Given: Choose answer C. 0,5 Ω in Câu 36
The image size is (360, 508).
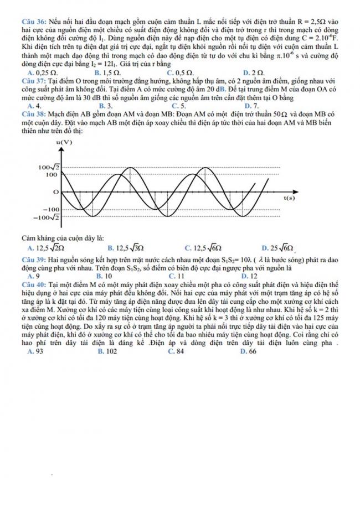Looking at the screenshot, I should tap(180, 72).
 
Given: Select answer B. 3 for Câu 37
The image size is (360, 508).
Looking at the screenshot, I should tap(106, 105).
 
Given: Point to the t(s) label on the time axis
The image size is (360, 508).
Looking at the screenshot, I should tap(289, 197).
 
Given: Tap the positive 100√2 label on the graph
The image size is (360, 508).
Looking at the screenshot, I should tap(49, 167).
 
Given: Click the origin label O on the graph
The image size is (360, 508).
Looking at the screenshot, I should tap(55, 191).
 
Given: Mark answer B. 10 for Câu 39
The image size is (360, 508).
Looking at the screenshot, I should tap(104, 274).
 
